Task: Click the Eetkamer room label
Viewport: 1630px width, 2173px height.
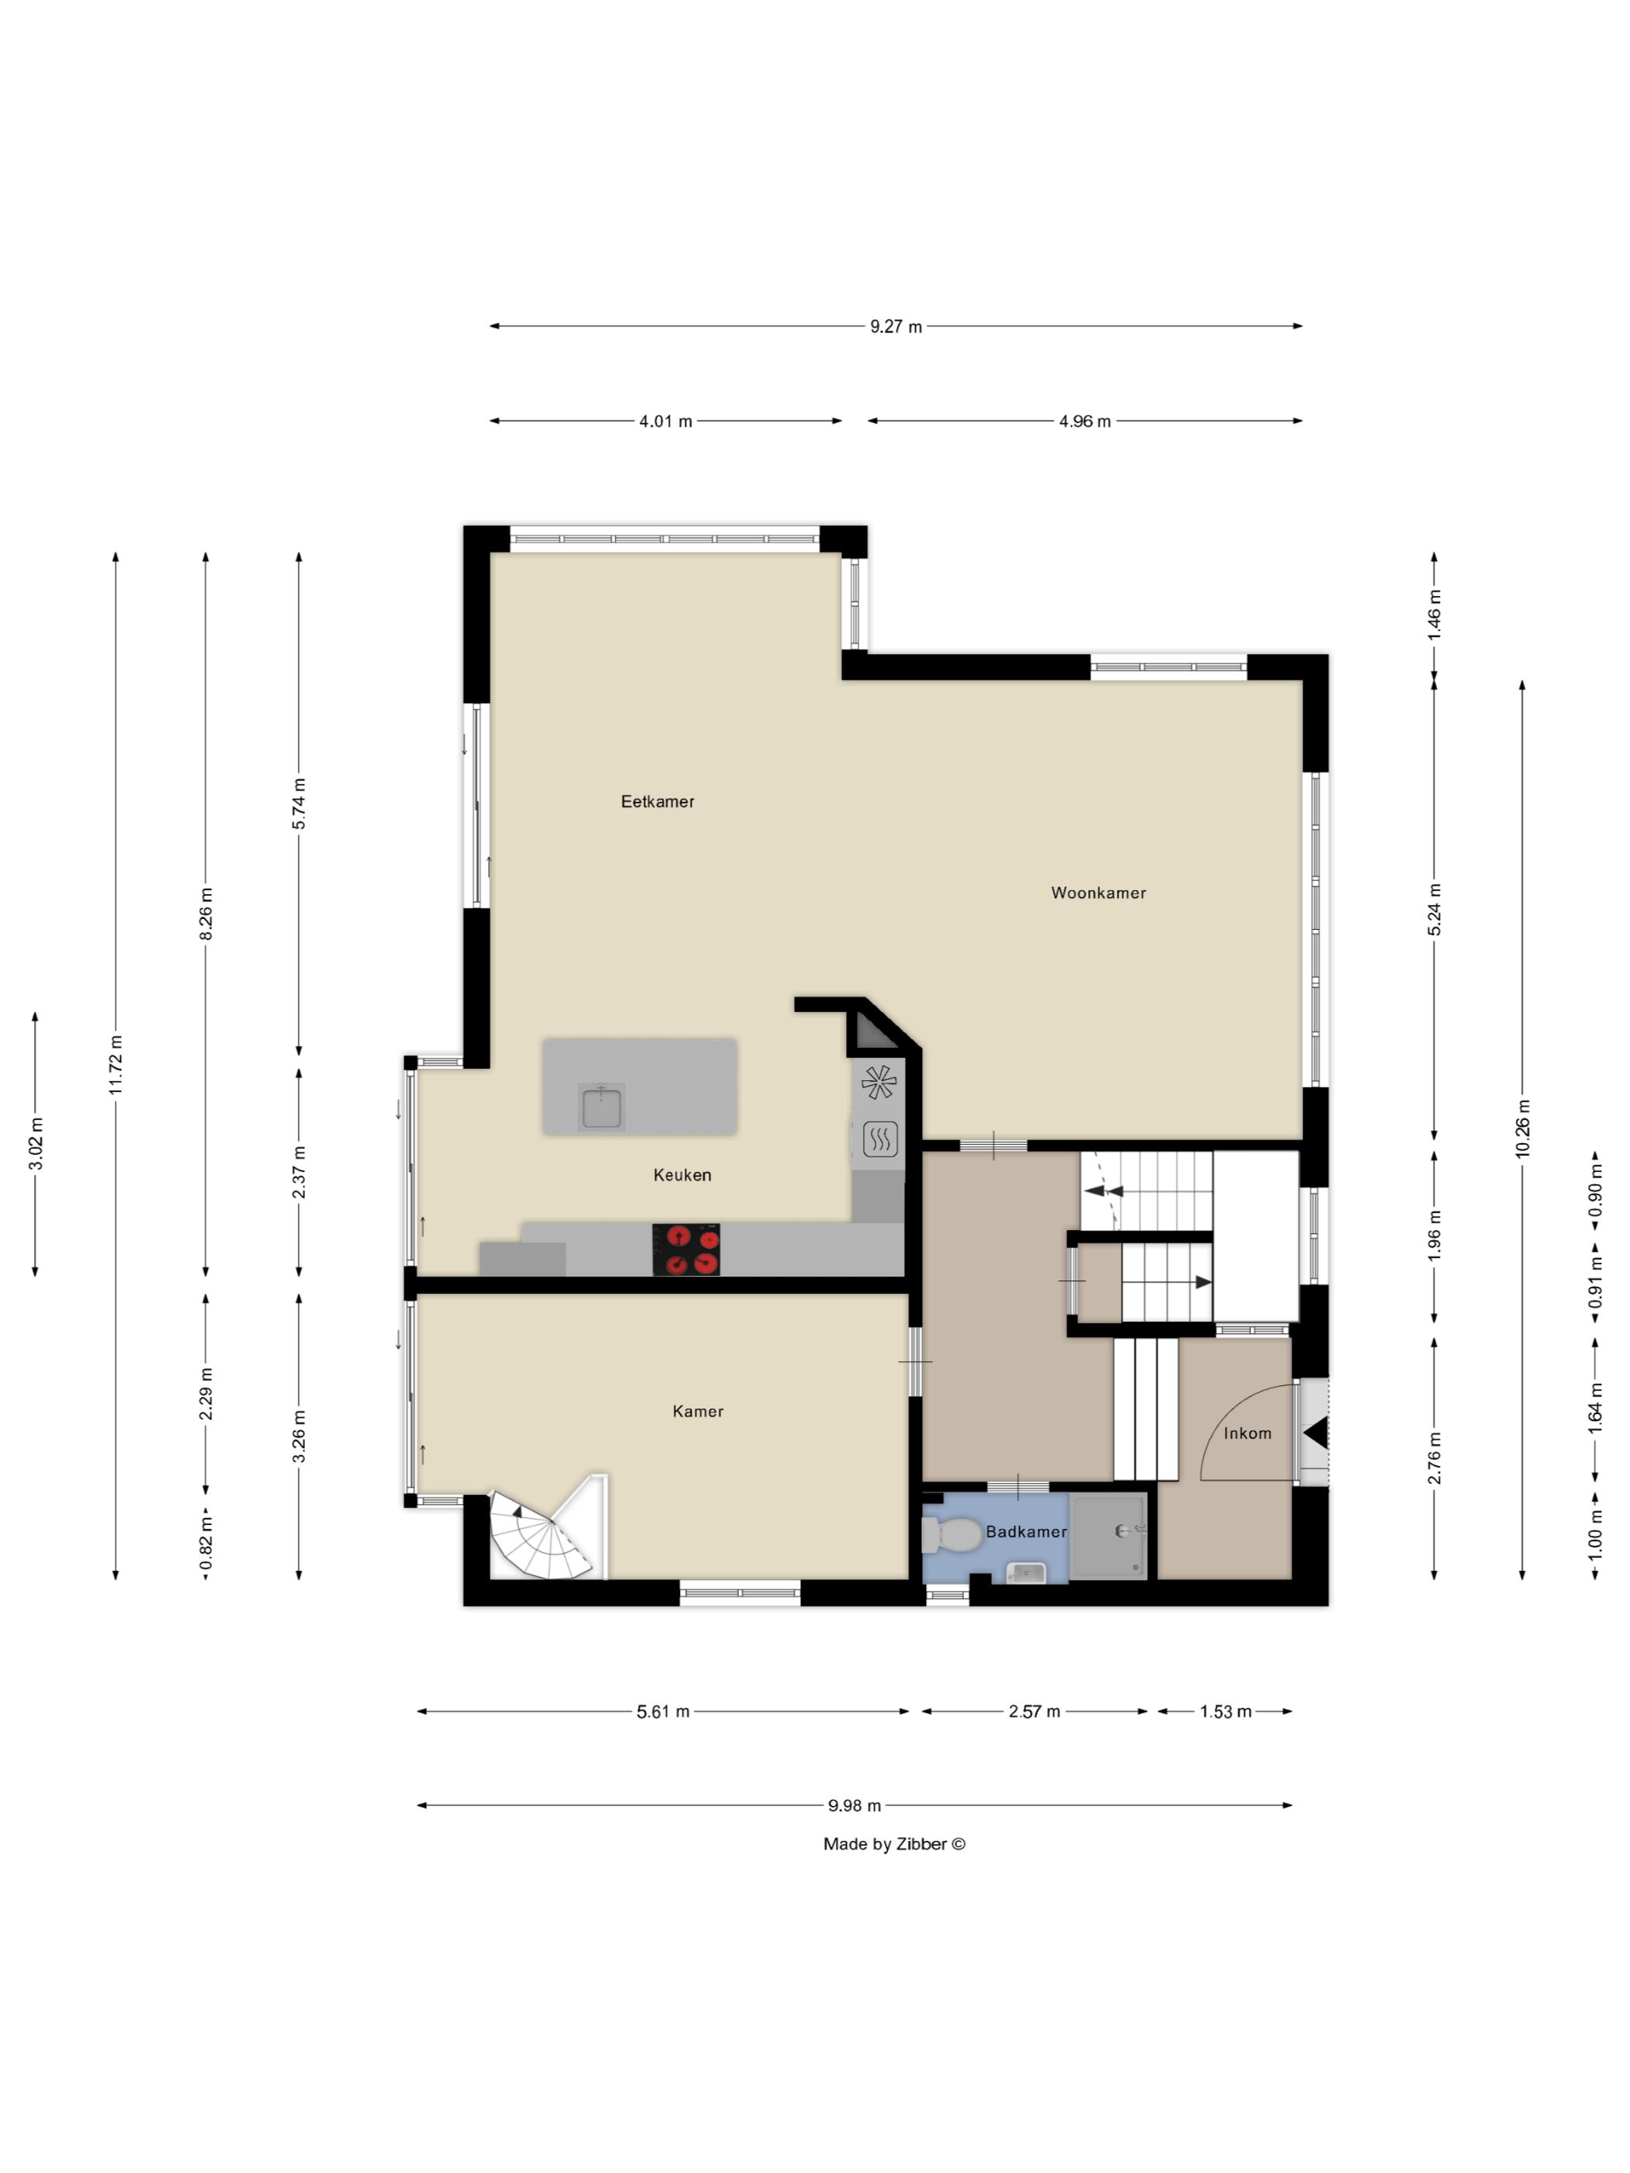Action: pos(657,802)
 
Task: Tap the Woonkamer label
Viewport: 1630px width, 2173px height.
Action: pos(1098,893)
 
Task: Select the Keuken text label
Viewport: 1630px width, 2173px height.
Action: pos(681,1175)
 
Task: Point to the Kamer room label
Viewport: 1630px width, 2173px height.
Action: pos(698,1412)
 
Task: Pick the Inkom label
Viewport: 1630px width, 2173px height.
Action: pos(1247,1433)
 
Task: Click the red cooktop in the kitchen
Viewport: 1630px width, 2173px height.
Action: pos(686,1249)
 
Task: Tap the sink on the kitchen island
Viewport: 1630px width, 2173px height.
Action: pos(600,1107)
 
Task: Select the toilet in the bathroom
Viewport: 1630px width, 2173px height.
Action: pos(951,1535)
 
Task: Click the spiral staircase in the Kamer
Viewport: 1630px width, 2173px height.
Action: pos(540,1537)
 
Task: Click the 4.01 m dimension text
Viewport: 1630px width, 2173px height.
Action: pos(665,421)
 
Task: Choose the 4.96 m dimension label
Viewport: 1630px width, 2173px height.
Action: pos(1084,421)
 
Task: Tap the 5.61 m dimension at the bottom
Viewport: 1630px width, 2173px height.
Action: pos(662,1712)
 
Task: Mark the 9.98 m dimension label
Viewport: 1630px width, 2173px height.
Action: pos(854,1806)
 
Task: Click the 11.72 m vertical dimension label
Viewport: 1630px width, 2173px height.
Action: pos(116,1065)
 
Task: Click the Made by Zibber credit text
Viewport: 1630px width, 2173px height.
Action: pos(894,1844)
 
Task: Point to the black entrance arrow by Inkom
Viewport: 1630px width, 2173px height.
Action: pos(1316,1433)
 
